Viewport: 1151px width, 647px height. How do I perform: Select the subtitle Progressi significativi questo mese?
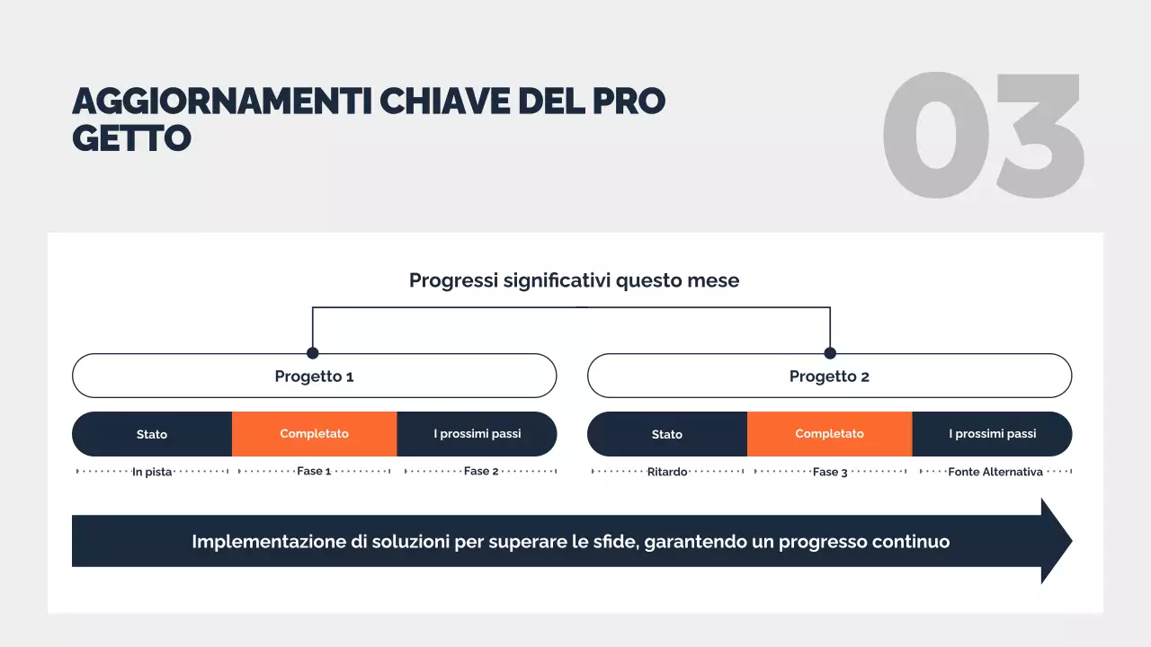[574, 280]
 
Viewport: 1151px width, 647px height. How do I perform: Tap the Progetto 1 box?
[314, 376]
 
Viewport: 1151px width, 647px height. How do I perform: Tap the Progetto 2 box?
[829, 376]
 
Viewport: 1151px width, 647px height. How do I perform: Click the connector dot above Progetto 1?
[313, 353]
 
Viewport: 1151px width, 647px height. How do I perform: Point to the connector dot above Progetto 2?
[830, 353]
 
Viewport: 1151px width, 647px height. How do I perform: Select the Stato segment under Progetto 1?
[152, 434]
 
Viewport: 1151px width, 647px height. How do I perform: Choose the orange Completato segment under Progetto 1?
[314, 434]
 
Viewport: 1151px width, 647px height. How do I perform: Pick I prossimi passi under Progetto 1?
[477, 434]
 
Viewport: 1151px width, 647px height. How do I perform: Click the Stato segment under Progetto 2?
[667, 434]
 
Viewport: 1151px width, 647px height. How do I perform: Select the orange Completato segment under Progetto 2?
[829, 434]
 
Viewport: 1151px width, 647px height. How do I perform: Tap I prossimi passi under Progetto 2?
[992, 434]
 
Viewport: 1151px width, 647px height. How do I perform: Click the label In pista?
[152, 472]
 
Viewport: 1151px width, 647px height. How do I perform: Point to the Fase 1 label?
[314, 471]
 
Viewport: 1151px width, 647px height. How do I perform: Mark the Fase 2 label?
[481, 471]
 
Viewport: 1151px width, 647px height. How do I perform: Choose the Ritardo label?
[667, 472]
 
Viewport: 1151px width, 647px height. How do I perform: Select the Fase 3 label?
[830, 472]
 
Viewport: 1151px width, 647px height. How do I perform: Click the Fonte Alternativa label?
[995, 472]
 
